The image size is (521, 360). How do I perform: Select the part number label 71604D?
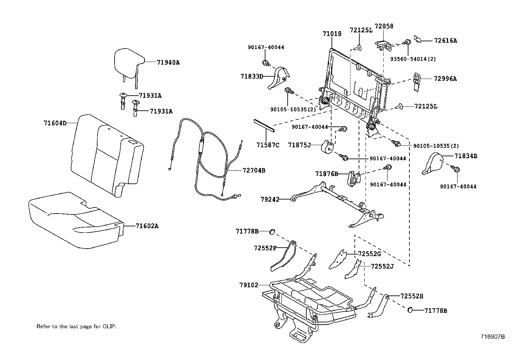(x=55, y=123)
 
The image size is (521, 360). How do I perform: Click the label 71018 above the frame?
(x=332, y=34)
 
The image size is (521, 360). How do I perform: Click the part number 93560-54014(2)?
(x=413, y=59)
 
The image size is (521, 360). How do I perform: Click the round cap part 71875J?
(x=327, y=146)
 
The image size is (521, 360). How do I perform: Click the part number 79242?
(x=270, y=199)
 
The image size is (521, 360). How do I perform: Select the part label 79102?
(x=248, y=285)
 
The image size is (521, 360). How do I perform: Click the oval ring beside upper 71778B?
(x=272, y=232)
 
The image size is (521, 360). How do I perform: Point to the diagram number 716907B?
(x=493, y=336)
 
